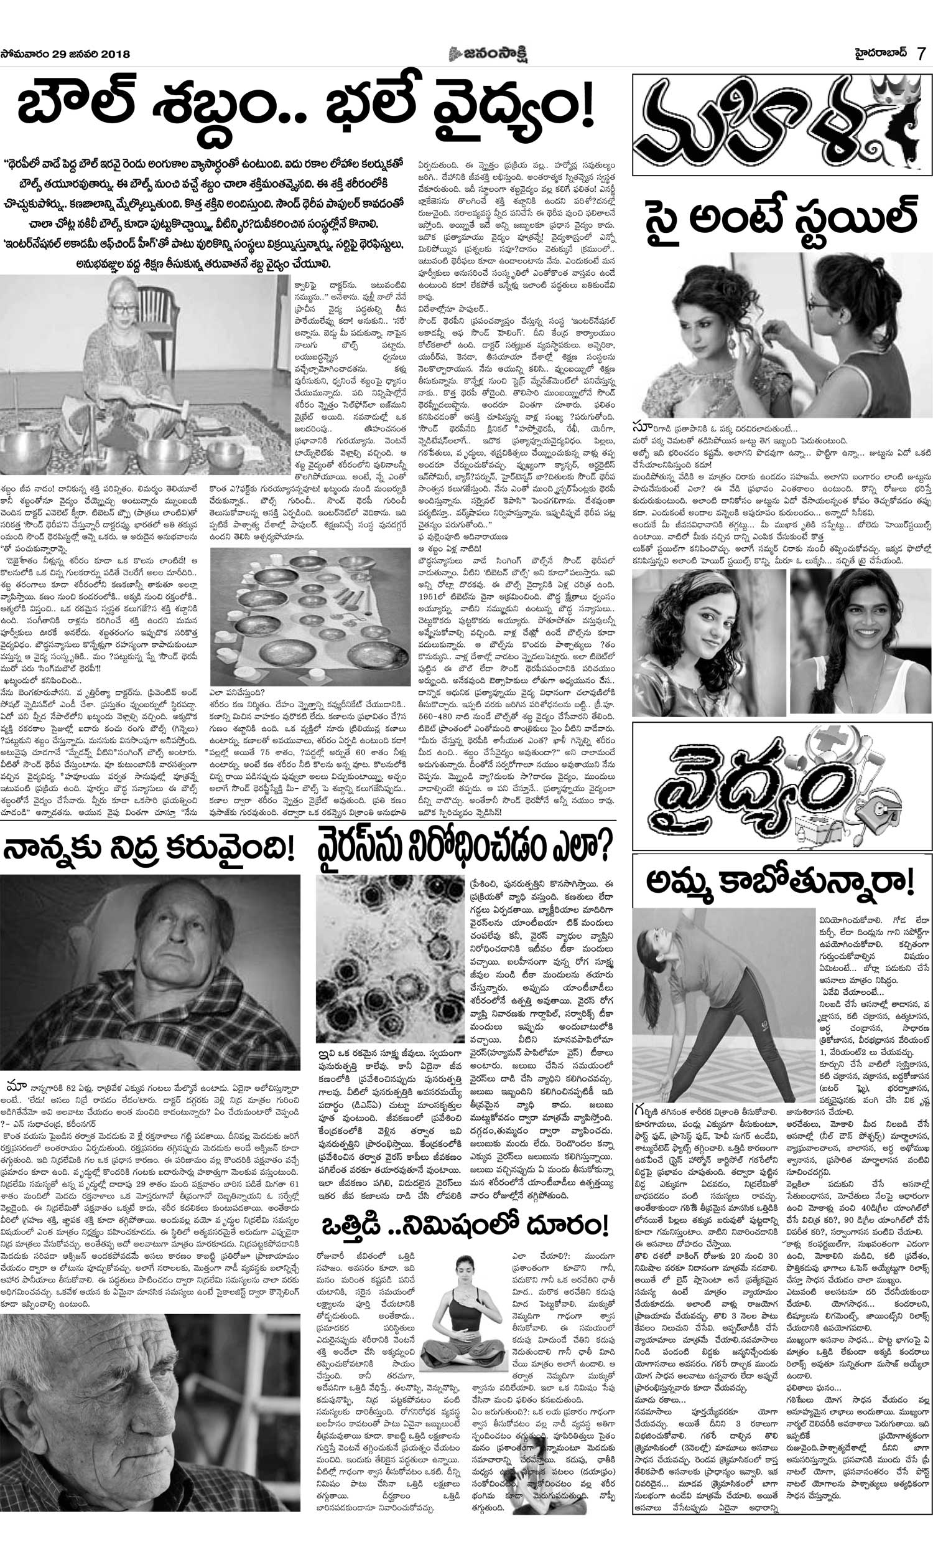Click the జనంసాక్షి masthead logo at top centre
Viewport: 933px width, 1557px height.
pos(487,54)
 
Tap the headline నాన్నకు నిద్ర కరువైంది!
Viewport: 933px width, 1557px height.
pos(149,850)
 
